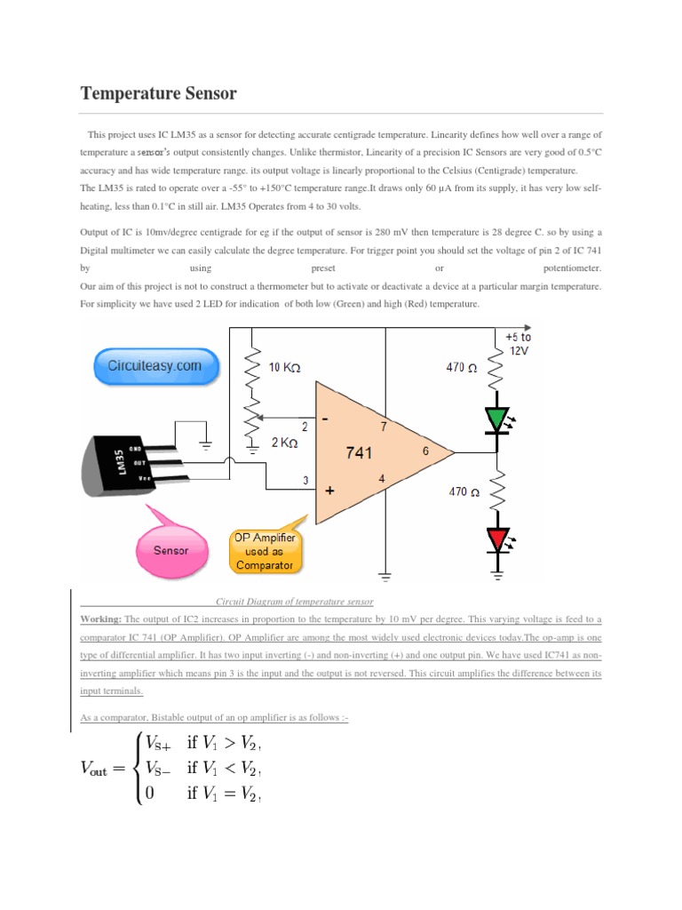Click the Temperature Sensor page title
[159, 93]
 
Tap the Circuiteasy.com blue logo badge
[155, 366]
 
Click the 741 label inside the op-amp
[359, 452]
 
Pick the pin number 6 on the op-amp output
[425, 451]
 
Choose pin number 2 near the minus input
[305, 426]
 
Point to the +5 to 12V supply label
[518, 344]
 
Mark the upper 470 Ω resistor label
[462, 367]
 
